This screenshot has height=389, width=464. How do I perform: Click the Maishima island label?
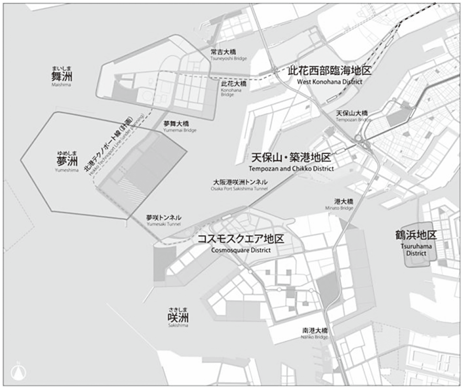[62, 77]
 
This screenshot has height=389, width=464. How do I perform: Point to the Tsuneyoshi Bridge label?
[228, 55]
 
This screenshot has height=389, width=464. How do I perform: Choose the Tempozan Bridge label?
[352, 116]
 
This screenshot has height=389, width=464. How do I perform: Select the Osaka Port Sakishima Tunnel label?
[240, 185]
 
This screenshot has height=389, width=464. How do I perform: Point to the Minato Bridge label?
[344, 204]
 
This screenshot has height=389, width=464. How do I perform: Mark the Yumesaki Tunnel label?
[164, 220]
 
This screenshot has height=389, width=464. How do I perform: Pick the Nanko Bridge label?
[315, 333]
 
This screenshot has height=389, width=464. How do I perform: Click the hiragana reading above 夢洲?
[67, 153]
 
